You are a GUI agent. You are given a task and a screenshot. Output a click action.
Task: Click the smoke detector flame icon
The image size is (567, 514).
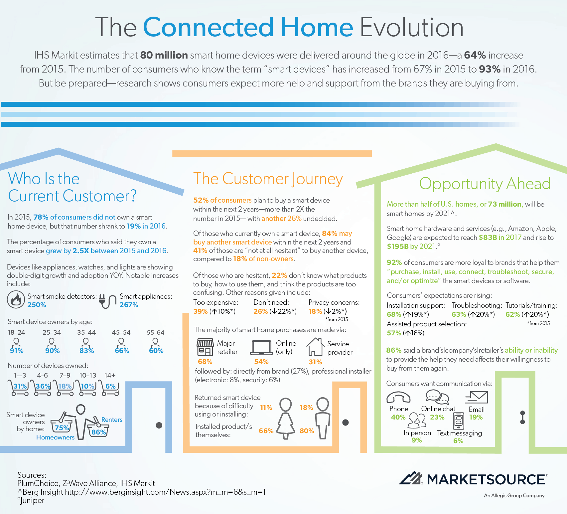[x=16, y=299]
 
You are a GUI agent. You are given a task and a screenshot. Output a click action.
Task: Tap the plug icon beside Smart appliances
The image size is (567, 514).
[x=107, y=301]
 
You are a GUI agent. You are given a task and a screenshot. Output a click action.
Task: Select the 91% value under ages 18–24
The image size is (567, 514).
[x=17, y=351]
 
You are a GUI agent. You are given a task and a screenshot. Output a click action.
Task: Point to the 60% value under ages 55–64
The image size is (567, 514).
[x=156, y=351]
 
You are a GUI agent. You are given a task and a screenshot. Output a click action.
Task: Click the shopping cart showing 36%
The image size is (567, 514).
[x=42, y=388]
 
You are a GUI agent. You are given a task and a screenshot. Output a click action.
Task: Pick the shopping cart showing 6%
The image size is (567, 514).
[x=110, y=388]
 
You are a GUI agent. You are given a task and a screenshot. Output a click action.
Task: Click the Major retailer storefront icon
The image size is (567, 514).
[x=205, y=347]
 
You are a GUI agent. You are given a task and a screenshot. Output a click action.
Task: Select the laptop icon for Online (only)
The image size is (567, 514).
[x=261, y=348]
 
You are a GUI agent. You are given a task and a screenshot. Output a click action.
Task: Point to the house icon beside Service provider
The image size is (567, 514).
[x=315, y=347]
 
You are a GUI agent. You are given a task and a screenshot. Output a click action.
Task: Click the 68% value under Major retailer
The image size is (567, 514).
[x=205, y=362]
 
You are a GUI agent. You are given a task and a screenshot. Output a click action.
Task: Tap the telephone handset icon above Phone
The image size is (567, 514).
[x=398, y=397]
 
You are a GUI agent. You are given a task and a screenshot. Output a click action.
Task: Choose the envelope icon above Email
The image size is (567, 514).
[x=477, y=397]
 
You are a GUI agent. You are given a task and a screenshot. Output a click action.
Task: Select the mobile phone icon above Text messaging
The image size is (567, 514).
[x=459, y=421]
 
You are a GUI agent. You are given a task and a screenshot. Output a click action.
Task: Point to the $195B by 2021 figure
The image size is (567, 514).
[x=411, y=246]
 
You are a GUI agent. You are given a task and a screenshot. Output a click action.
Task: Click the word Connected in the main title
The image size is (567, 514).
[x=209, y=27]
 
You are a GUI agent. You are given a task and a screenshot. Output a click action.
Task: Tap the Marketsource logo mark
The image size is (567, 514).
[x=411, y=478]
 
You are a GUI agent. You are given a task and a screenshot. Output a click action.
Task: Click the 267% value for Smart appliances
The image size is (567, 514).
[x=129, y=305]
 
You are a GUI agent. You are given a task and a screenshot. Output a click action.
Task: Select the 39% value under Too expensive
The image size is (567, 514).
[x=200, y=311]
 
